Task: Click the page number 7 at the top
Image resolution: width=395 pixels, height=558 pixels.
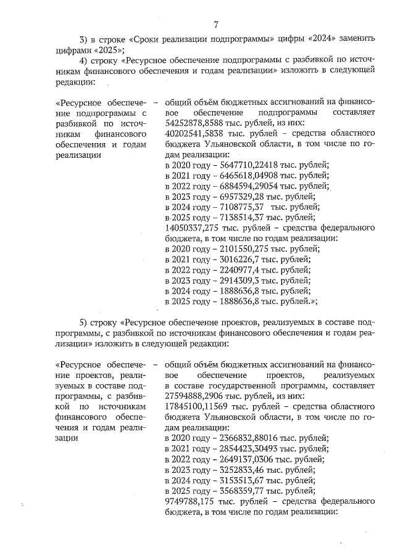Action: coord(215,25)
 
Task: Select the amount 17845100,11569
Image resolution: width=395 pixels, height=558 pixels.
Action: coord(201,406)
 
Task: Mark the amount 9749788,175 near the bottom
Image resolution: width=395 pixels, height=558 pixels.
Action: coord(193,501)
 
